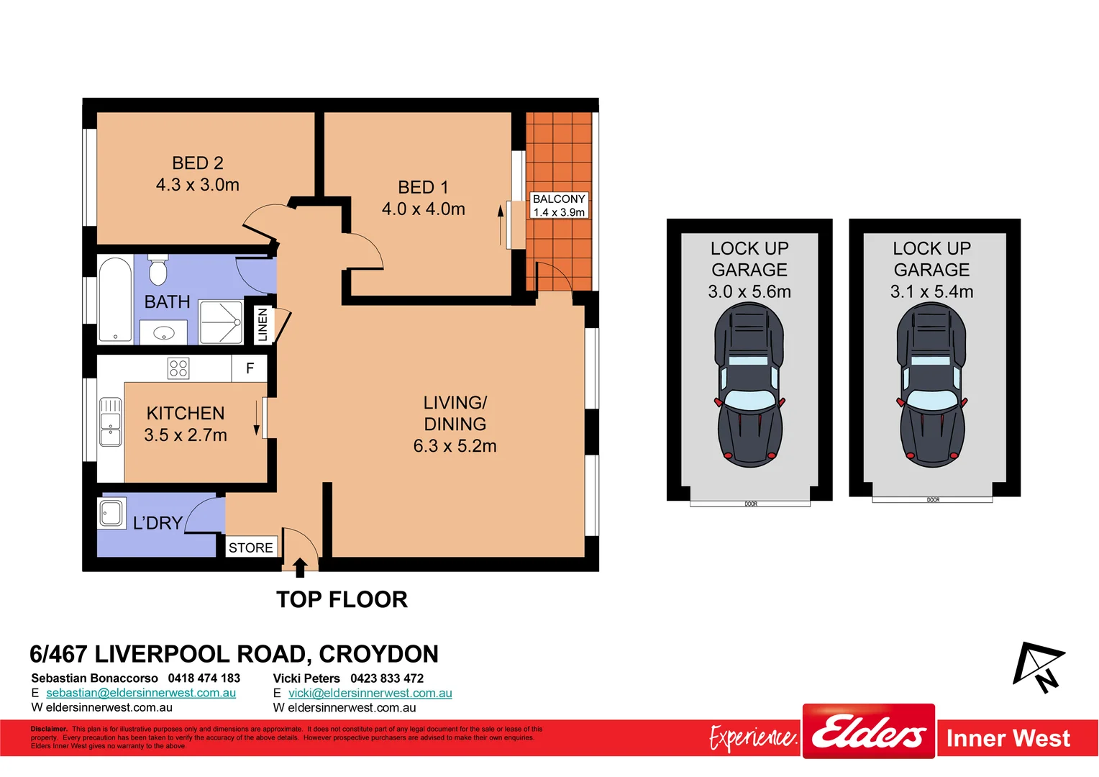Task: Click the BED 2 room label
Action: click(198, 173)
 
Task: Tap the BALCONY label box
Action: click(559, 205)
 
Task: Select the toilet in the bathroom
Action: click(158, 271)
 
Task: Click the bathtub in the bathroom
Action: click(115, 300)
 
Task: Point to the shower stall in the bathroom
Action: click(221, 322)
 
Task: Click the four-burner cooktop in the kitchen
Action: click(178, 368)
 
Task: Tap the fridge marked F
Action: click(250, 368)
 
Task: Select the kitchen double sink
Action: click(110, 422)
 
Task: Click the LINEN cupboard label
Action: click(263, 324)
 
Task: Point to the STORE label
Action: click(250, 547)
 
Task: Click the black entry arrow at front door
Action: click(300, 567)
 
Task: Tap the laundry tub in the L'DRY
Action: click(111, 513)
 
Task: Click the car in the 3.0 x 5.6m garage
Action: click(749, 385)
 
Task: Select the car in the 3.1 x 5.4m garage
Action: click(931, 385)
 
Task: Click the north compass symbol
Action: click(1039, 666)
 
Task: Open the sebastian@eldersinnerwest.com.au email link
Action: click(141, 693)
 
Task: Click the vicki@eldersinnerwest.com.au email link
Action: click(370, 693)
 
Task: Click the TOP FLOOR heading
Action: click(342, 599)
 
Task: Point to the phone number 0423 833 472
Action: click(387, 678)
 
